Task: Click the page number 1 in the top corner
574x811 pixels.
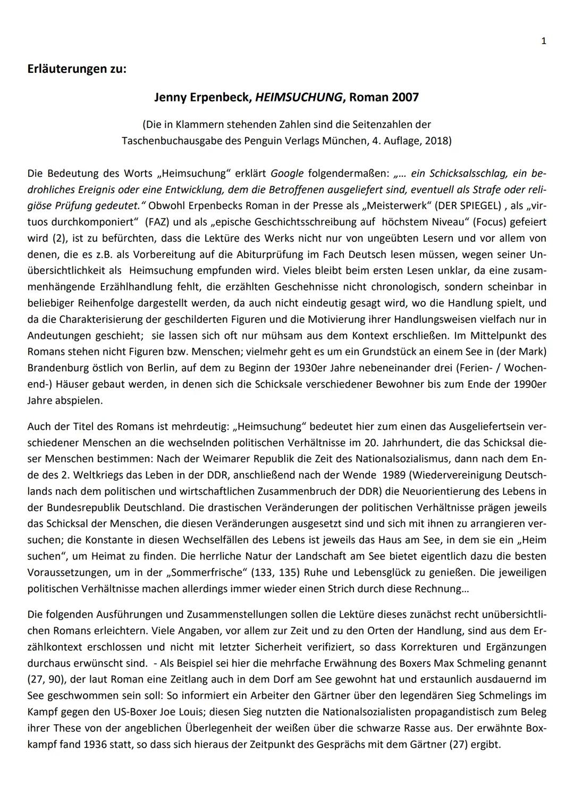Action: coord(543,41)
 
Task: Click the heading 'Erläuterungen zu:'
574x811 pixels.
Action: coord(77,70)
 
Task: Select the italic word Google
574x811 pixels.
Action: coord(287,173)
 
